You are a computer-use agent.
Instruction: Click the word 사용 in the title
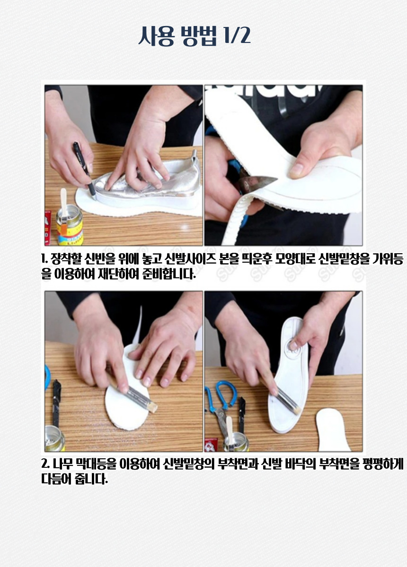[x=156, y=36]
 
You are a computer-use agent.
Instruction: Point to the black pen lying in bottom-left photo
[x=56, y=403]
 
